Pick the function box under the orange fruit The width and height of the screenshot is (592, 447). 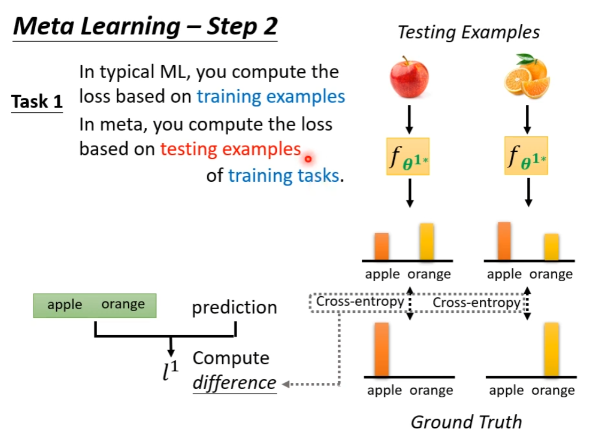coord(526,156)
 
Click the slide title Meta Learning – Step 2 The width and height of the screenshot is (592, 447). coord(145,27)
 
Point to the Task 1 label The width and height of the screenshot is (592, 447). coord(37,102)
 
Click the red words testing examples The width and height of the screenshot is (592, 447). coord(230,149)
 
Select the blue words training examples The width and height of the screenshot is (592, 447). coord(271,97)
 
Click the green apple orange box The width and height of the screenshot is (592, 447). coord(95,305)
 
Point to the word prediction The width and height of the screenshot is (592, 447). coord(234,307)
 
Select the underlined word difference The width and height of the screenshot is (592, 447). coord(234,383)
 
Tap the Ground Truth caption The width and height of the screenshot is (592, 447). coord(466,422)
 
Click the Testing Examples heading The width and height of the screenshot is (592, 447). coord(468,33)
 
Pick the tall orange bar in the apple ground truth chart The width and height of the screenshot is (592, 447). coord(381,349)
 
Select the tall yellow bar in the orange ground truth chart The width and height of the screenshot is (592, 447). coord(551,349)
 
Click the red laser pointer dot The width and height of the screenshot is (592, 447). coord(308,159)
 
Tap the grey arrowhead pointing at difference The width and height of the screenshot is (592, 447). coord(285,384)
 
